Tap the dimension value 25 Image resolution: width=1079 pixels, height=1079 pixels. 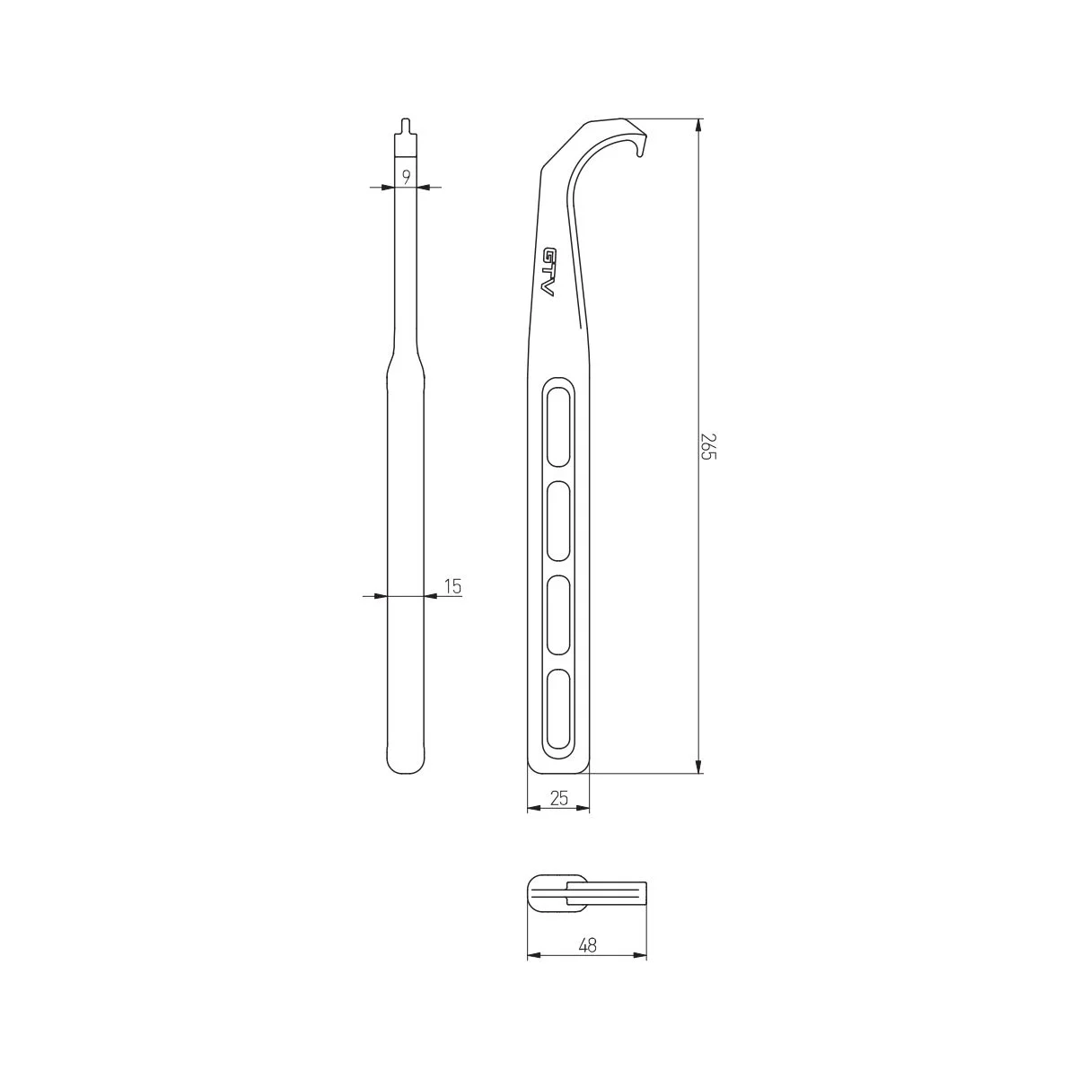[559, 798]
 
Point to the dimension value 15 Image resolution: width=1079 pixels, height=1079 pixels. [452, 586]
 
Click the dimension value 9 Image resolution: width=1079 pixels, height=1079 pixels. [407, 177]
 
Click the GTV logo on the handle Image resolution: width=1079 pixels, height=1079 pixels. [548, 272]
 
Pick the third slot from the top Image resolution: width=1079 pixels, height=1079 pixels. [559, 615]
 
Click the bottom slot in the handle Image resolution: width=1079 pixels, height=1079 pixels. [559, 709]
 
